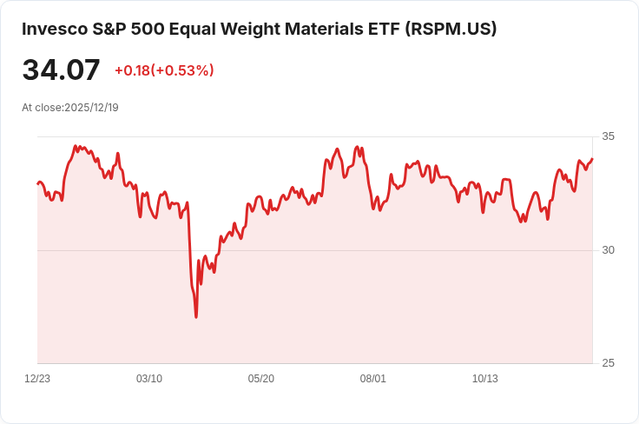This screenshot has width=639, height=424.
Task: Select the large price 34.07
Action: tap(61, 70)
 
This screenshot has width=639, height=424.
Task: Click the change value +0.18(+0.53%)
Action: tap(164, 70)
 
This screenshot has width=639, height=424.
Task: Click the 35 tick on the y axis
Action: tap(608, 136)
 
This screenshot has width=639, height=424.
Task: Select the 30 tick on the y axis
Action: tap(608, 250)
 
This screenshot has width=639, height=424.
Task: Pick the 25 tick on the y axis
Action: tap(608, 363)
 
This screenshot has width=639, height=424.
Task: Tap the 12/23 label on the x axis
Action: tap(37, 379)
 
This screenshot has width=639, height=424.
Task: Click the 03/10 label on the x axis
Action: tap(149, 379)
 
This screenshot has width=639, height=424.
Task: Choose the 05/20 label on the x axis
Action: tap(261, 379)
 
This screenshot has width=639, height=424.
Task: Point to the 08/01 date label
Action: tap(373, 379)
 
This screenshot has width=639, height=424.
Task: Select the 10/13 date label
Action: tap(484, 379)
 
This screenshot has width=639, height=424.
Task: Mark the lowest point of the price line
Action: tap(196, 317)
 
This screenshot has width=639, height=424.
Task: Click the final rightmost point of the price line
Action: tap(592, 159)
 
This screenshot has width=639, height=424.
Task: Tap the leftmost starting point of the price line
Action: tap(37, 183)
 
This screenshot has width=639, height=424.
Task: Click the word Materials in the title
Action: tap(314, 29)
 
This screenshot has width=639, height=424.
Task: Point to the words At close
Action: tap(42, 108)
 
